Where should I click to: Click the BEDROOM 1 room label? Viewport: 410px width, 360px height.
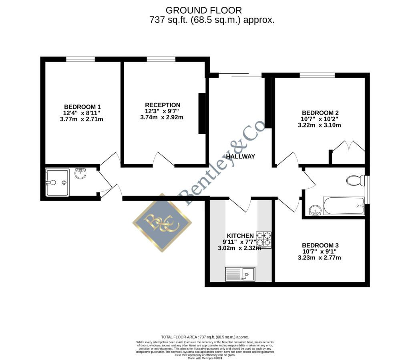point(82,107)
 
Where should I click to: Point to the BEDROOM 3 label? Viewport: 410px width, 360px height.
point(320,245)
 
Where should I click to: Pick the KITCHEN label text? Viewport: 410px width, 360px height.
point(240,235)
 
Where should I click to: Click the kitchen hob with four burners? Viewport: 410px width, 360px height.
point(264,239)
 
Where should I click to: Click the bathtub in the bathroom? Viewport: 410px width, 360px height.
point(344,206)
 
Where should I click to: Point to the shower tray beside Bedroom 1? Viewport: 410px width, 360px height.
point(58,182)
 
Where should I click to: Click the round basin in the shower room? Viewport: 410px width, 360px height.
point(80,173)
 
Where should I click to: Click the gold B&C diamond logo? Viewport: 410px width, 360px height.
point(162,223)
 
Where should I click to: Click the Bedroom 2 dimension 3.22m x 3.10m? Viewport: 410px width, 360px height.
point(319,125)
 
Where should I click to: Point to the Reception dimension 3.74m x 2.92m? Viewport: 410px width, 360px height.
point(162,117)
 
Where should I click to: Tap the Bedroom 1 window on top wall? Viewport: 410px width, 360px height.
point(80,59)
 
